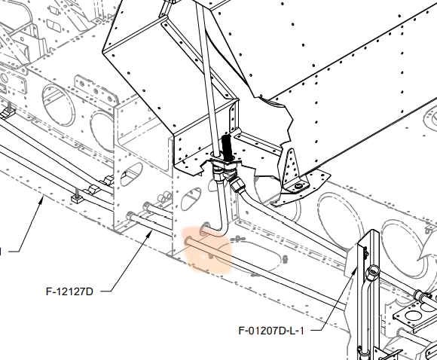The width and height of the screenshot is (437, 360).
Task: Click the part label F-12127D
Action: click(69, 291)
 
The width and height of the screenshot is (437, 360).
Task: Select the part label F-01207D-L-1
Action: click(271, 331)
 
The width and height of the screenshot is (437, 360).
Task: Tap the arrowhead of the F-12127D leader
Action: click(150, 234)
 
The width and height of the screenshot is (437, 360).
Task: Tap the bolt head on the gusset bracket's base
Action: click(298, 186)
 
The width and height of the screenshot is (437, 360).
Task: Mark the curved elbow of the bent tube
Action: click(222, 230)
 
